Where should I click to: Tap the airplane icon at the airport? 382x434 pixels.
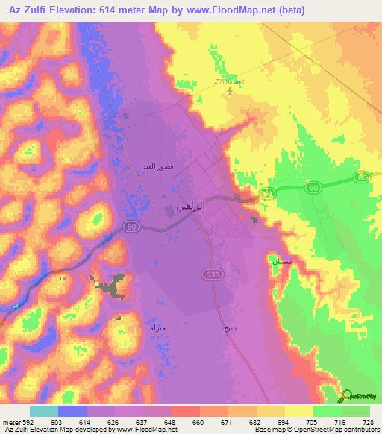point(228,92)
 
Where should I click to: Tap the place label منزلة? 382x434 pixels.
point(157,327)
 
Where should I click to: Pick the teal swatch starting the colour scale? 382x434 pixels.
point(43,411)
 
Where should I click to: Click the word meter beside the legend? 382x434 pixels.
point(10,422)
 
